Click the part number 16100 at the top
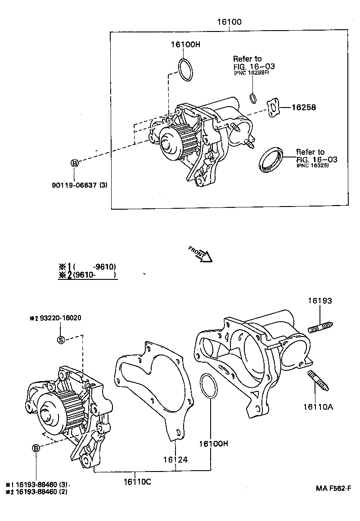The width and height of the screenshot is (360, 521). tap(229, 22)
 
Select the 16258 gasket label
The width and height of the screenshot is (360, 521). tap(304, 108)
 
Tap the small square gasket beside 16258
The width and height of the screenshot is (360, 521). tap(273, 108)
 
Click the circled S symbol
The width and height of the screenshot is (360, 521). tap(61, 339)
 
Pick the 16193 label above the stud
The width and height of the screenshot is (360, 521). tap(320, 301)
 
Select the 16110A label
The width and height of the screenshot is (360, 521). tap(318, 407)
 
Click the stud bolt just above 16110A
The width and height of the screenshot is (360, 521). tap(318, 381)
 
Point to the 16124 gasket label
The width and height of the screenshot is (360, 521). tap(175, 459)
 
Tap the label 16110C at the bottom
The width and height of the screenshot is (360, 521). tap(137, 482)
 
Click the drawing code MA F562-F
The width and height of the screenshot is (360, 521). tap(333, 488)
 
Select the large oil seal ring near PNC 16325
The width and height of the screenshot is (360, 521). tap(271, 158)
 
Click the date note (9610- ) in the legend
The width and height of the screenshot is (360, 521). tap(94, 274)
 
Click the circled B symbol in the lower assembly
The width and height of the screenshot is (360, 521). tap(36, 448)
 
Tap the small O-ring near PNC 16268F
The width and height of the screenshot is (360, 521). tap(253, 98)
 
